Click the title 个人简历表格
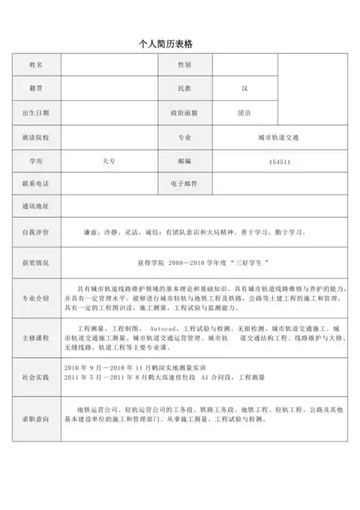click(x=166, y=45)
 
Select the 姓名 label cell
click(x=36, y=66)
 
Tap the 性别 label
click(x=184, y=66)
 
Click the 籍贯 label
click(x=36, y=89)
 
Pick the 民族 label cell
click(x=184, y=89)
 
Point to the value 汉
click(x=245, y=89)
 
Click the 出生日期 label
click(x=36, y=113)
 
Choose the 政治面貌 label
click(x=184, y=113)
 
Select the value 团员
click(x=245, y=113)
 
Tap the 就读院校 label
click(x=36, y=137)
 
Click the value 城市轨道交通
click(x=279, y=137)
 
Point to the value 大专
click(x=109, y=161)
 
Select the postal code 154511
click(x=279, y=162)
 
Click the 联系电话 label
click(x=36, y=184)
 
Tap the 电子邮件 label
click(x=184, y=184)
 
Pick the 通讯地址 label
click(x=36, y=207)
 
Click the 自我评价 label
click(x=36, y=233)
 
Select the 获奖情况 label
click(x=36, y=263)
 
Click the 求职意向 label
click(x=36, y=417)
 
